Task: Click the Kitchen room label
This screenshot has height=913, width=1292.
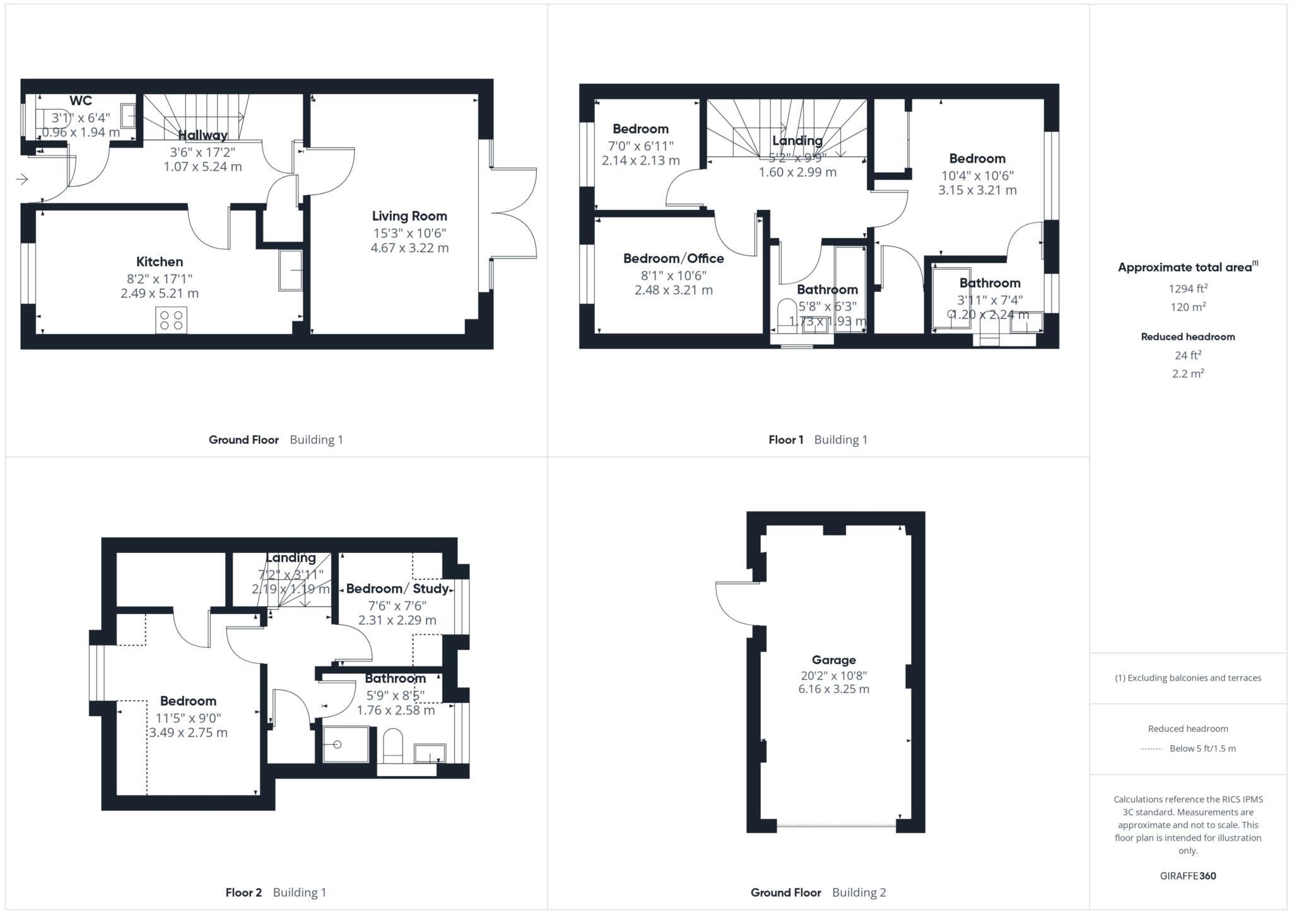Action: coord(160,262)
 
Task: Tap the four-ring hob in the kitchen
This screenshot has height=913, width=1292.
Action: coord(171,320)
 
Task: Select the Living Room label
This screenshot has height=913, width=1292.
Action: coord(409,216)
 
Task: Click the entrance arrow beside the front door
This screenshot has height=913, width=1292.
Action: coord(22,180)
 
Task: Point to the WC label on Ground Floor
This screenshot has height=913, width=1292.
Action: coord(81,101)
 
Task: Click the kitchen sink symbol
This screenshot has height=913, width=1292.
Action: coord(290,270)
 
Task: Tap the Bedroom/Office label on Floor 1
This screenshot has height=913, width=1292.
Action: coord(673,259)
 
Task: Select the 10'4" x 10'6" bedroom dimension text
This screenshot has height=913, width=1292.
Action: coord(977,175)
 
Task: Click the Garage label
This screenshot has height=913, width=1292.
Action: coord(833,660)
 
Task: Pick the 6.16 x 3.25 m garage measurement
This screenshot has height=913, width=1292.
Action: coord(833,689)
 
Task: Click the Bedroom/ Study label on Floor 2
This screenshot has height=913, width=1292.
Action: coord(397,589)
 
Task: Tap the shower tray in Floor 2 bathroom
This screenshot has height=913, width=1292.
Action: coord(345,745)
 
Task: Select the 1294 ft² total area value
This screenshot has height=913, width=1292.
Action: coord(1187,289)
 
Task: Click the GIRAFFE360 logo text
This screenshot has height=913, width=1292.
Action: coord(1187,876)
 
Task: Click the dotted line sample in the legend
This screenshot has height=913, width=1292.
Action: coord(1151,749)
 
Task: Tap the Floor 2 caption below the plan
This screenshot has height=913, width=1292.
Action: coord(244,892)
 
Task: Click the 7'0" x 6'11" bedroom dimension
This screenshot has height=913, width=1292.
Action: coord(640,146)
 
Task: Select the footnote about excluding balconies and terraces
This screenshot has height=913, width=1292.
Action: coord(1187,678)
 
